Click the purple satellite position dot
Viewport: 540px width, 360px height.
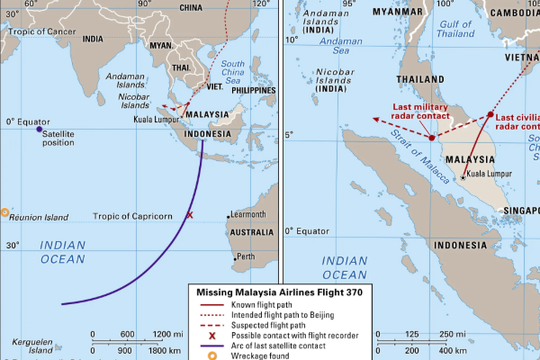pos(39,130)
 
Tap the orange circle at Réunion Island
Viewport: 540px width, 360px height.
pos(4,213)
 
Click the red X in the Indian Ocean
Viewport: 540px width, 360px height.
pos(189,215)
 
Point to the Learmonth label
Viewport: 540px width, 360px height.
pos(247,214)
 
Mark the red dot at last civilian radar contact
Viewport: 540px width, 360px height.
pos(490,114)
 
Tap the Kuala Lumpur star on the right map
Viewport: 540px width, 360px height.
pos(463,177)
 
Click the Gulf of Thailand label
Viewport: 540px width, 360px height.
pos(454,27)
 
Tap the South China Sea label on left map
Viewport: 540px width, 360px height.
pos(231,70)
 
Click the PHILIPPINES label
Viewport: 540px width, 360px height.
pos(252,91)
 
